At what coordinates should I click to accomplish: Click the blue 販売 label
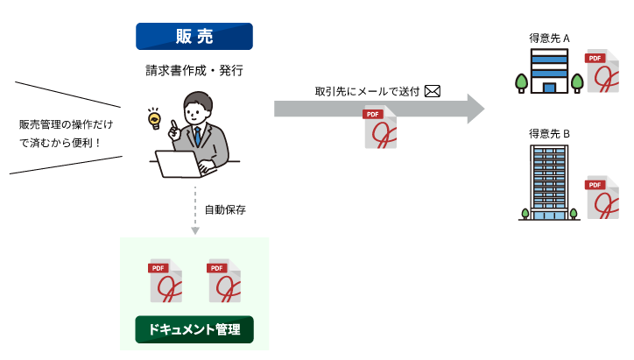pos(194,36)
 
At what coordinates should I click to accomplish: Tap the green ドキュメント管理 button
pos(194,329)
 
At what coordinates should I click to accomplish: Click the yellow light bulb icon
pos(155,118)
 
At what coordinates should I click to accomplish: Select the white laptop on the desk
pos(179,163)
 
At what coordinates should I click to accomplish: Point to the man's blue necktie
pos(198,136)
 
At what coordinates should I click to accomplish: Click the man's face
pos(198,112)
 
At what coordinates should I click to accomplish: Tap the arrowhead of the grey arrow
pos(475,109)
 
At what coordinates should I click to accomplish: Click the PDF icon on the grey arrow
pos(380,128)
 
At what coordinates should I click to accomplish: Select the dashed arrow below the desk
pos(194,210)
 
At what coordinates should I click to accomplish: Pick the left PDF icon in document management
pos(165,281)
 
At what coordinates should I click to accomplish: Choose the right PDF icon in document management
pos(223,281)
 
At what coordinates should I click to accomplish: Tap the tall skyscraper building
pos(549,182)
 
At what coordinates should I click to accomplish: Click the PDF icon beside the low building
pos(602,71)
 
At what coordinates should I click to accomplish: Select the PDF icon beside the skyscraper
pos(602,197)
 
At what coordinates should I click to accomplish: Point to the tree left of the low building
pos(521,82)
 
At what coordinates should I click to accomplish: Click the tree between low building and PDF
pos(577,82)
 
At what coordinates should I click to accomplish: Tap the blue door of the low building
pos(549,87)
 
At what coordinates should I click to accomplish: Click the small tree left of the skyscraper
pos(525,213)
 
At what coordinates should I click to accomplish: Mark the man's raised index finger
pos(173,124)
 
